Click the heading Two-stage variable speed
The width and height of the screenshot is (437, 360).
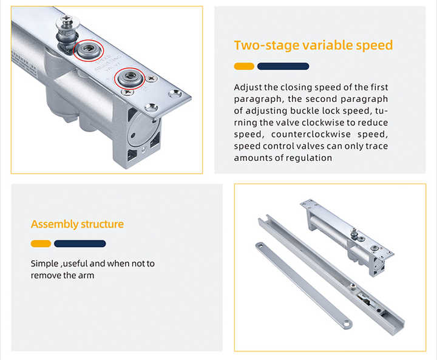(313, 45)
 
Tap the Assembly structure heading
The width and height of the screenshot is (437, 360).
(77, 224)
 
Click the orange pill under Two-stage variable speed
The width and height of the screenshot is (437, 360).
(244, 66)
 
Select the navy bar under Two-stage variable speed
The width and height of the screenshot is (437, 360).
(283, 66)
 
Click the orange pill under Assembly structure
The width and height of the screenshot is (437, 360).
(41, 243)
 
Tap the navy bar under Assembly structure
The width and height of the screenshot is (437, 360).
(80, 243)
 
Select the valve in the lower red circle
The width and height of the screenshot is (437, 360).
(130, 77)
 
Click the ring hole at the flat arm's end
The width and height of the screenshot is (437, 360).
(346, 324)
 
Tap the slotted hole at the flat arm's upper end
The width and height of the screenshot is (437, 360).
(260, 245)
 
